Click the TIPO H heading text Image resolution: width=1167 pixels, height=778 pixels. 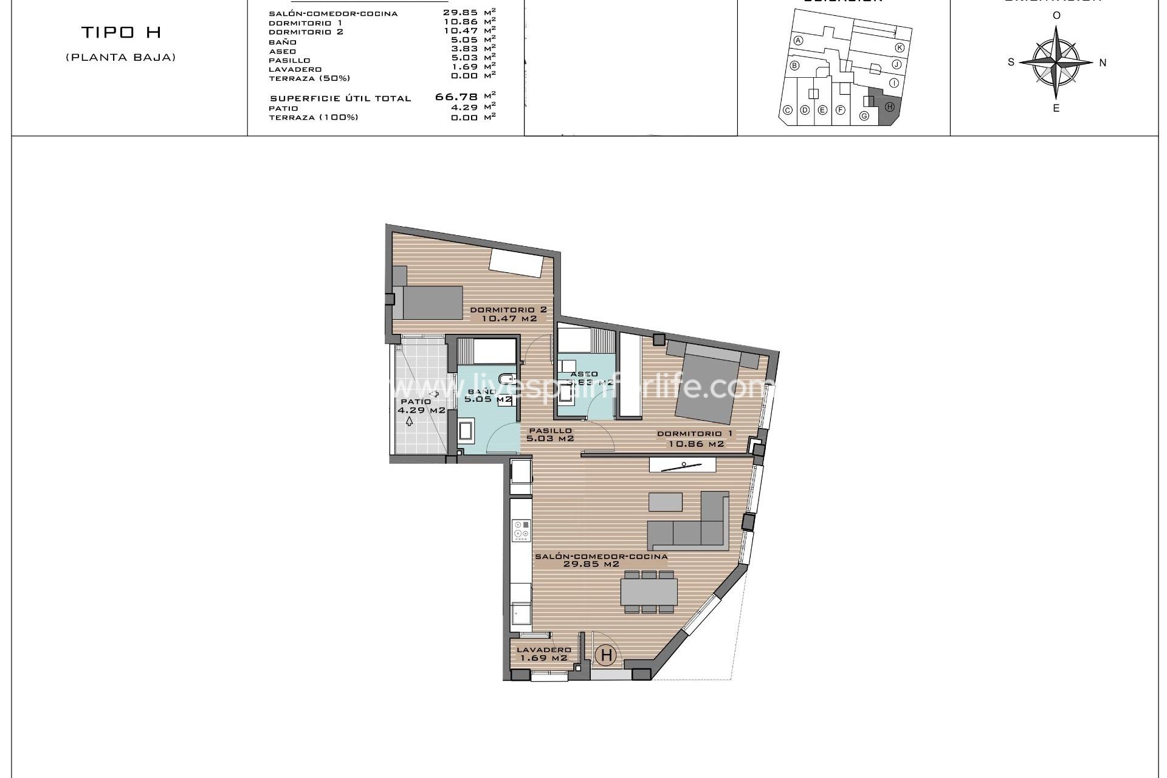tap(121, 33)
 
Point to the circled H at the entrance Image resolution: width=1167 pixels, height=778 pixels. tap(606, 655)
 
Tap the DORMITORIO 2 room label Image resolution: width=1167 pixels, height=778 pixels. tap(508, 314)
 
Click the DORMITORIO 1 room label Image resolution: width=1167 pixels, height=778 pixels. tap(695, 439)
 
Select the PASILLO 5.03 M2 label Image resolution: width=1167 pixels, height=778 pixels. tap(550, 434)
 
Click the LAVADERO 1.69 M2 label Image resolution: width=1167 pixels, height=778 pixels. tap(543, 653)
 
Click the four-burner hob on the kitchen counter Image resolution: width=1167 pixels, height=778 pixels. tap(521, 529)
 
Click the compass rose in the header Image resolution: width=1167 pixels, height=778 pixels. tap(1056, 63)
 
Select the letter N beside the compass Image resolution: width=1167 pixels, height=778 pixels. tap(1103, 63)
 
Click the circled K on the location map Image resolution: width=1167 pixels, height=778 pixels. tap(900, 47)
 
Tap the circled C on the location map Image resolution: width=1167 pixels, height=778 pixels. tap(787, 110)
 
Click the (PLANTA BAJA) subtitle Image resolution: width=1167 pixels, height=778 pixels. tap(121, 58)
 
